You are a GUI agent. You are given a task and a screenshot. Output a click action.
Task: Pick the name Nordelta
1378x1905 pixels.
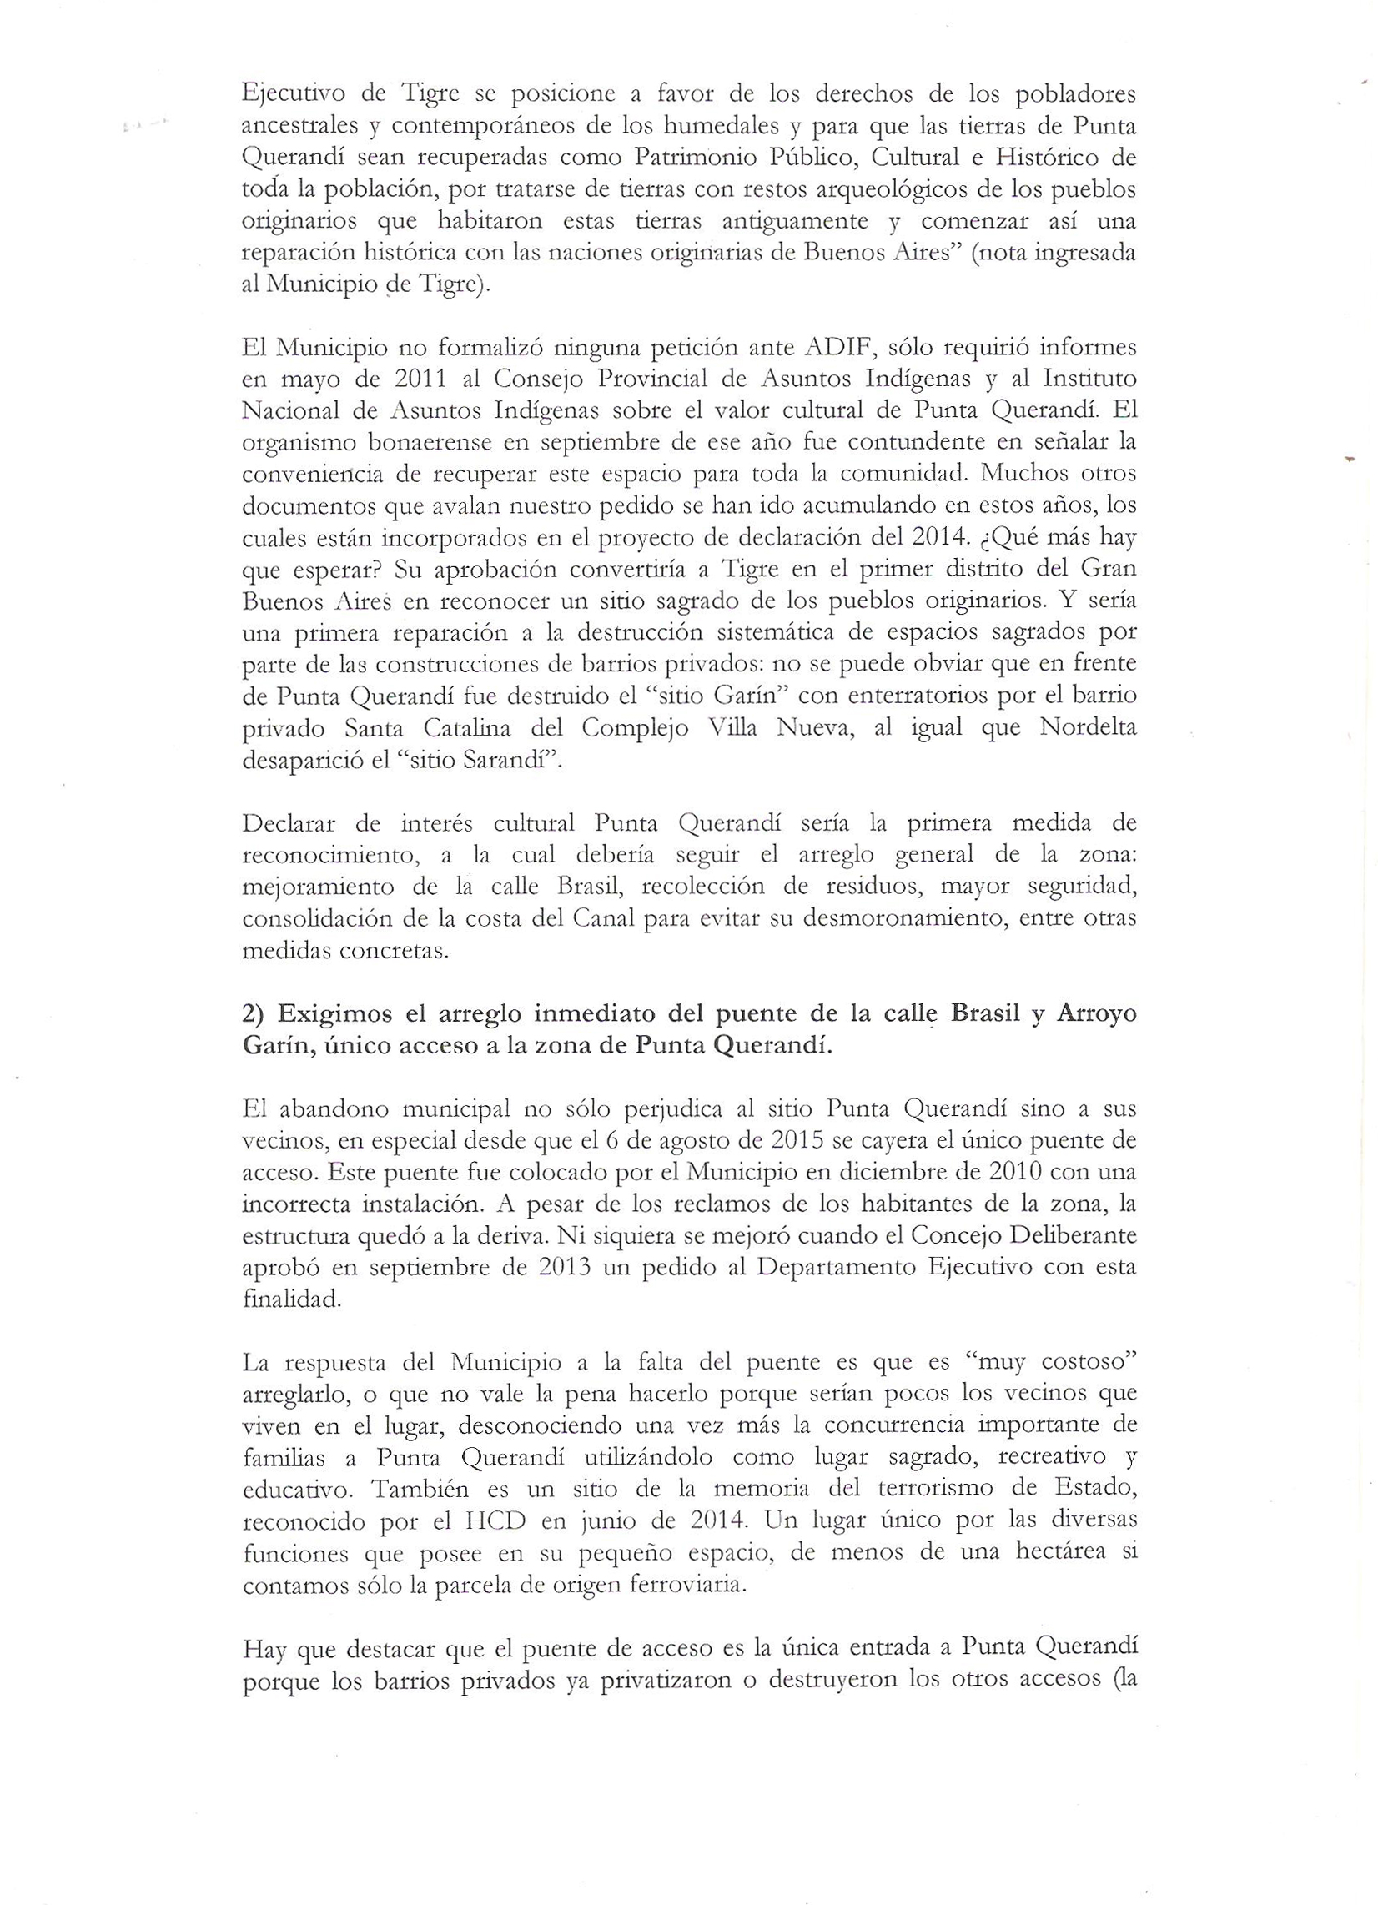(x=1088, y=727)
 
